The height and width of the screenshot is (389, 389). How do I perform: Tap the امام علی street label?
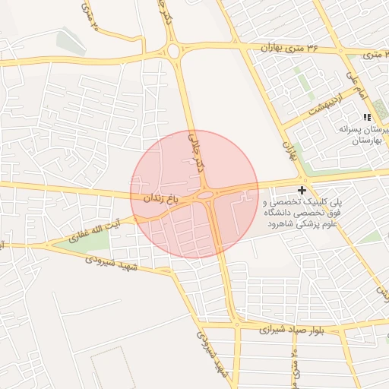click(356, 86)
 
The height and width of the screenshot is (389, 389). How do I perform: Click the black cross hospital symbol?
click(302, 189)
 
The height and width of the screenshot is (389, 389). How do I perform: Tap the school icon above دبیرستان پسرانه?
click(367, 117)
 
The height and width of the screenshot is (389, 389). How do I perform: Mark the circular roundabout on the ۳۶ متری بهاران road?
click(173, 52)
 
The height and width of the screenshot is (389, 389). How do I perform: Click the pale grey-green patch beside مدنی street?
click(69, 40)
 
